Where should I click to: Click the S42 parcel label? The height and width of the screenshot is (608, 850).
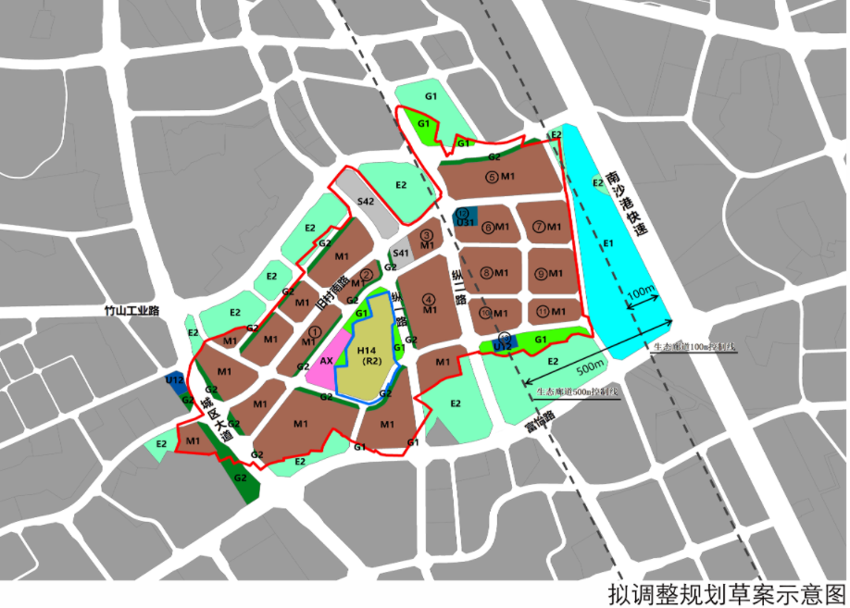(x=366, y=201)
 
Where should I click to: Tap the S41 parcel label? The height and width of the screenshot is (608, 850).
(x=401, y=254)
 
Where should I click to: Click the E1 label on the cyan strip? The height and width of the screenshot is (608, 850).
(x=608, y=243)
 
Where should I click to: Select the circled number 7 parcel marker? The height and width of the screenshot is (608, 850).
(x=539, y=226)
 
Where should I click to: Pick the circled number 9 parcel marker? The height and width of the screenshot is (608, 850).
(x=540, y=273)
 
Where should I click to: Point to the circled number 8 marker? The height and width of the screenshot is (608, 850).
(x=487, y=273)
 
